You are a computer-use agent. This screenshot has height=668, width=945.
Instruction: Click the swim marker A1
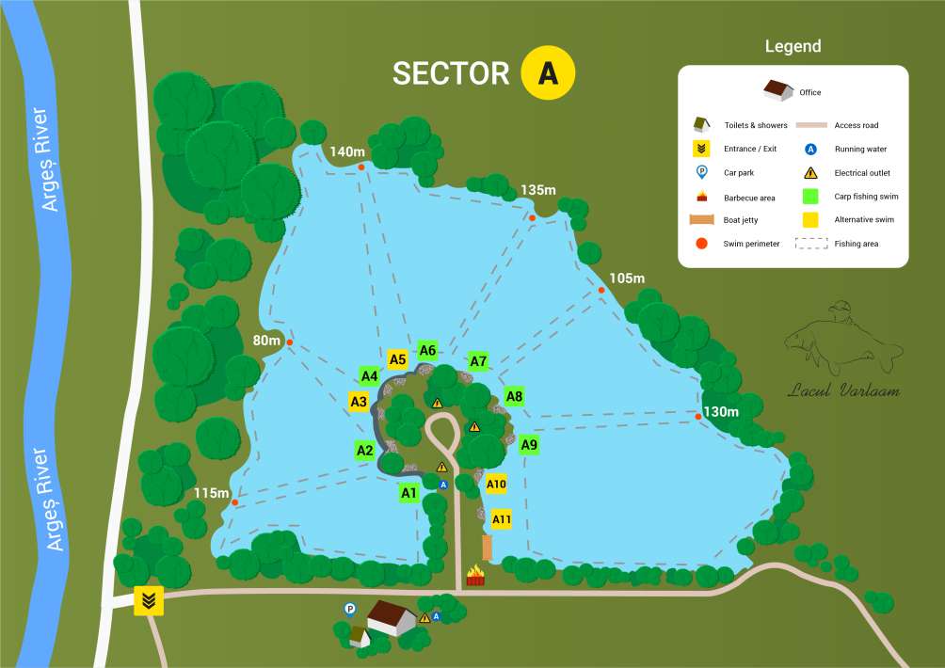(x=408, y=492)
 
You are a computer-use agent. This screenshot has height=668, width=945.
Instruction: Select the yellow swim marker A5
(x=397, y=358)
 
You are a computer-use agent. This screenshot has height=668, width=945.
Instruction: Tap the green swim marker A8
(x=514, y=396)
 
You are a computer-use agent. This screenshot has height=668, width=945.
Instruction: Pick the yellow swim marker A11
(x=502, y=519)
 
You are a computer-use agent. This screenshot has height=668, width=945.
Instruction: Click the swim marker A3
(x=359, y=402)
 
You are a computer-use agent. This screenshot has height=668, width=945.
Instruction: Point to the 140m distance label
(x=346, y=151)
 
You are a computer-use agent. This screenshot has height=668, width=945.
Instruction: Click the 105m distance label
(x=627, y=278)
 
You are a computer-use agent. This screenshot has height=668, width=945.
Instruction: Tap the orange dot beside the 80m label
(x=290, y=342)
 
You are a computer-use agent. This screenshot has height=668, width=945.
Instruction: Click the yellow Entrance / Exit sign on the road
(x=149, y=599)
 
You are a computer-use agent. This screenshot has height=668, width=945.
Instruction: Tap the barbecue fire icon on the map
(x=476, y=575)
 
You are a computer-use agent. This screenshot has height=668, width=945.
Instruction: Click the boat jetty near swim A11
(x=487, y=548)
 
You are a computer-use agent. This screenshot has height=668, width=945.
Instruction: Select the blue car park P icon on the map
(x=350, y=609)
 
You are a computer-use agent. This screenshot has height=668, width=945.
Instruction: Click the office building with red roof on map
(x=391, y=617)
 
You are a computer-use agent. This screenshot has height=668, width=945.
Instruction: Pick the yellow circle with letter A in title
(x=548, y=72)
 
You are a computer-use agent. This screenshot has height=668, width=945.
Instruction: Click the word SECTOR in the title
(x=451, y=73)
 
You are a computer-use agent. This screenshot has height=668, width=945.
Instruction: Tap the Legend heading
(x=793, y=46)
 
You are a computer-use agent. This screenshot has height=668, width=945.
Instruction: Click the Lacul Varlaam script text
(x=843, y=390)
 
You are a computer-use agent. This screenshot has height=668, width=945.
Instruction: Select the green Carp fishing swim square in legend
(x=809, y=197)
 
